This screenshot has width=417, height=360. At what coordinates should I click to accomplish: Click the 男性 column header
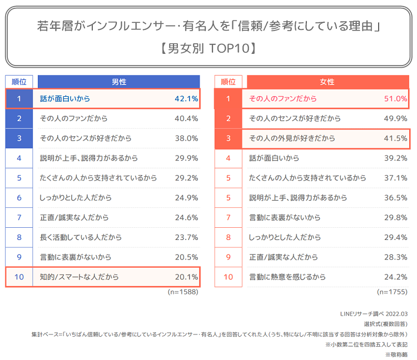tap(118, 82)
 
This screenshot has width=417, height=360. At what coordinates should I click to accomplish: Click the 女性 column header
tap(327, 82)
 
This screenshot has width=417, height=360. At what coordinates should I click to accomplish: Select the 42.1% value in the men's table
tap(186, 99)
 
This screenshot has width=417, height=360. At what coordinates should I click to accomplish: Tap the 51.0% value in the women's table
tap(395, 99)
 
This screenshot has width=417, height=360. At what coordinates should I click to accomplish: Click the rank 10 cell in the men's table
tap(19, 277)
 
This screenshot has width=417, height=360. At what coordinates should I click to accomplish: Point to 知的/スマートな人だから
tap(79, 277)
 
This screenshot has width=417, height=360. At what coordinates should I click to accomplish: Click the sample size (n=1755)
tap(392, 292)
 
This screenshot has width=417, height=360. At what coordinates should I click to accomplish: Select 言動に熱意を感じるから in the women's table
tap(287, 277)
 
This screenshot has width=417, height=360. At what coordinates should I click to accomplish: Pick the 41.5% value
tap(395, 138)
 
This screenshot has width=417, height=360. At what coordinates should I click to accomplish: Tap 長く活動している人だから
tap(81, 237)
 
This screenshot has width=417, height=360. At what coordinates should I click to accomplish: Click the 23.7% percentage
tap(186, 237)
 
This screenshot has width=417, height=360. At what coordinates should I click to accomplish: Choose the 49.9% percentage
tap(395, 118)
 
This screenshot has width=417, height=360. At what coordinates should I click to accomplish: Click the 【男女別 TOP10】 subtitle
tap(209, 48)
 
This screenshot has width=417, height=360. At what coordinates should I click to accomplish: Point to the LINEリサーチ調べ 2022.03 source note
tap(374, 314)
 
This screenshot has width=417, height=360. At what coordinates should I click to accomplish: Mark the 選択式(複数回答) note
tap(386, 324)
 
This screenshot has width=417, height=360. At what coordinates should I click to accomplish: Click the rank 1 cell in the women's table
tap(228, 99)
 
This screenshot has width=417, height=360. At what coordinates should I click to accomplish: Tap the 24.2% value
tap(395, 277)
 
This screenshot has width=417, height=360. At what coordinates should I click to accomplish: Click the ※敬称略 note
tap(396, 354)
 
